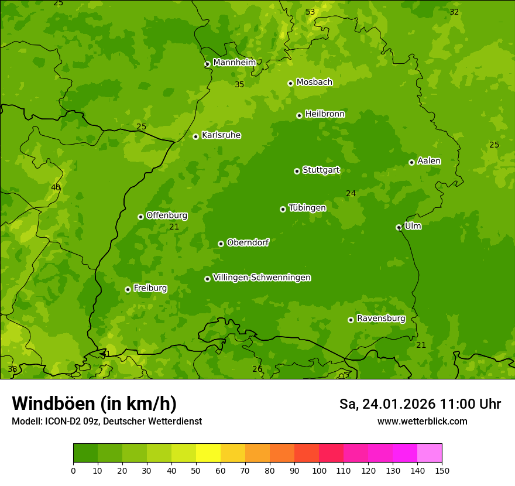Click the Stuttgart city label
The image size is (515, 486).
pos(321,170)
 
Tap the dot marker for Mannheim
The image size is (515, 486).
pos(207,64)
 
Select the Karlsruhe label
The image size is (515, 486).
pos(221,135)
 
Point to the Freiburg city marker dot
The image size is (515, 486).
pos(128,289)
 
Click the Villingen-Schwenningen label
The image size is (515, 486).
pos(262,278)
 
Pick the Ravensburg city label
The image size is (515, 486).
pos(381,319)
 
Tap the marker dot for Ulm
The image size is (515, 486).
pos(399,227)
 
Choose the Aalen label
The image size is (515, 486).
pos(429,161)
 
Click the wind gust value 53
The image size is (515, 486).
pos(310,12)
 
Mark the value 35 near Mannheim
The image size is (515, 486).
pos(239,85)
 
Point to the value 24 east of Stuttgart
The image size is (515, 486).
pos(351,194)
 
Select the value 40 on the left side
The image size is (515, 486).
pos(56,187)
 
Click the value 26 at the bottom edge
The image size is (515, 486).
pos(257,369)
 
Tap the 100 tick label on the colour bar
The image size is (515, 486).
pos(319,470)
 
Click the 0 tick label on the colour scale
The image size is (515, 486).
pos(73,470)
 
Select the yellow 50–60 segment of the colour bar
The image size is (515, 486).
pos(208,453)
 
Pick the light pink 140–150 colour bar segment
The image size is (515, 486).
pos(430,453)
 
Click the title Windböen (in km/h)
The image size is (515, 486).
pos(94,403)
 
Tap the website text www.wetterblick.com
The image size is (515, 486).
pos(422,421)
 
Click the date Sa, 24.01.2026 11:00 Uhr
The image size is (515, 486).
pos(420,404)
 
